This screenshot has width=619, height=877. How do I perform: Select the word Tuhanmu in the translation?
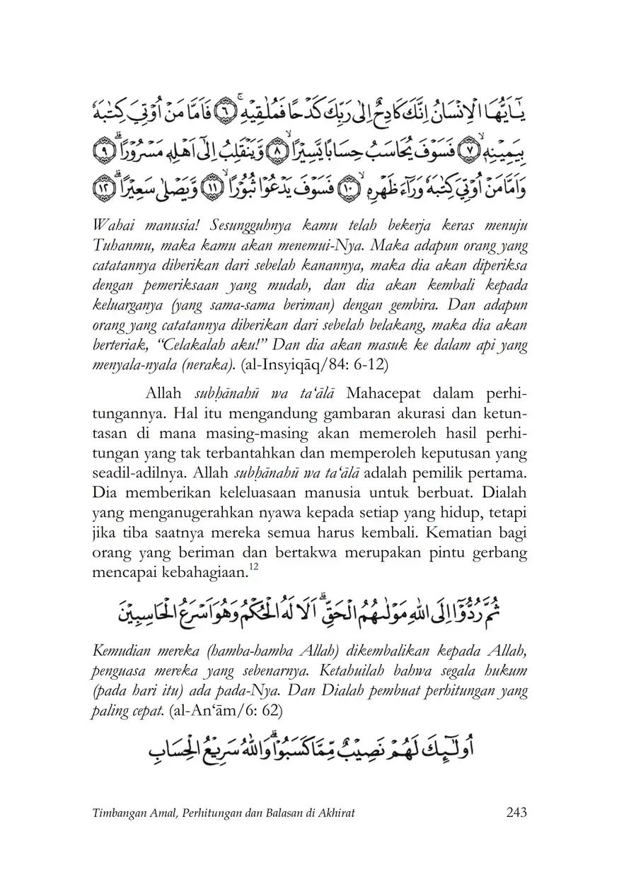pos(119,246)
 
